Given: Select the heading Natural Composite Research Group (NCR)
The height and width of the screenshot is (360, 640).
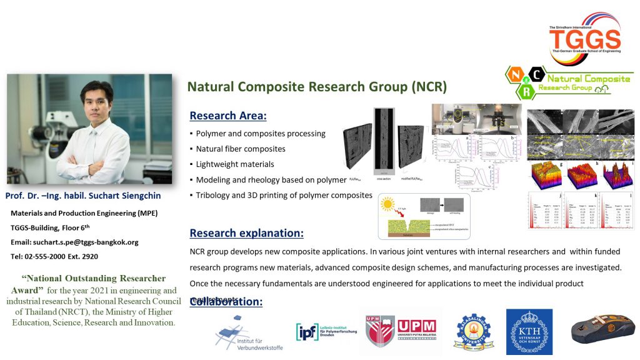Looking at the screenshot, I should point(317,86).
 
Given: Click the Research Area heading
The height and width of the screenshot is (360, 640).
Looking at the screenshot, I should point(228,116).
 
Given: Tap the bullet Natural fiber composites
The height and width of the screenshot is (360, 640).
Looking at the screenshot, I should point(241,149).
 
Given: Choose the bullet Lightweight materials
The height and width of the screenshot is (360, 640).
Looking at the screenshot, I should point(235,164).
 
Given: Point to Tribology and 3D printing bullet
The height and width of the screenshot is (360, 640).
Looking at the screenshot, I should point(284,196).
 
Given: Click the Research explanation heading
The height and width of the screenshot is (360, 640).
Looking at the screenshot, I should point(246,233).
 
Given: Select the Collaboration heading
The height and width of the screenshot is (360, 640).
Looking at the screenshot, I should point(226,302).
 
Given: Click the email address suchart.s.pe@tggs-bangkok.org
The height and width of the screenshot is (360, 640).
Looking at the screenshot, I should point(74,242).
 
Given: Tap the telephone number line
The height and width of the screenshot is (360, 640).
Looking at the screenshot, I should point(54,256).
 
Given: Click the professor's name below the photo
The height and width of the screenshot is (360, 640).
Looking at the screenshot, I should point(82,196).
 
